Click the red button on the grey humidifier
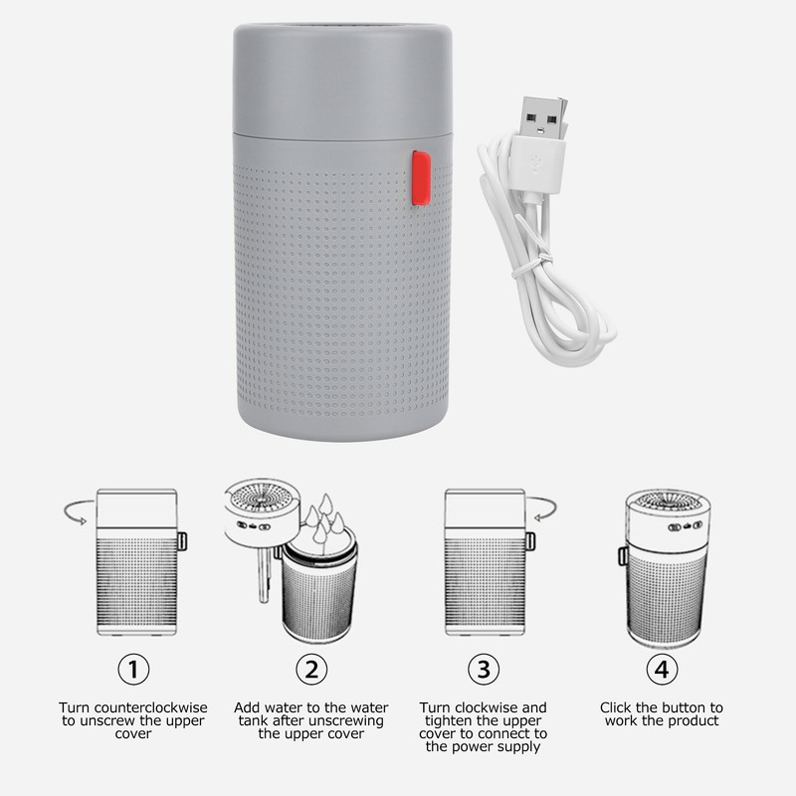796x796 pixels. click(421, 178)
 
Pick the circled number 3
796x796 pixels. click(484, 669)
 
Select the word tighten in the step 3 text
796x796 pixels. click(449, 720)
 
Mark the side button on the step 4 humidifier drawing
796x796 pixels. click(623, 555)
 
